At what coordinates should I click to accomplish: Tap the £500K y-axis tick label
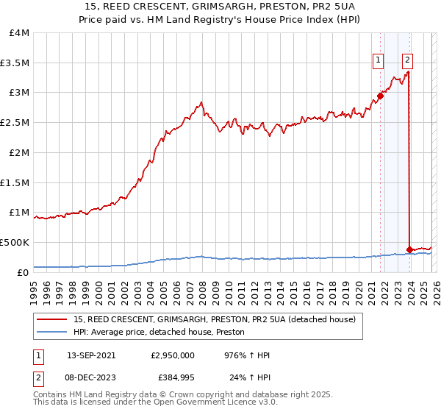(x=15, y=242)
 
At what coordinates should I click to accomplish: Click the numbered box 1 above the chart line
(x=379, y=61)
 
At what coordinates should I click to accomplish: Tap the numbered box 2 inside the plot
(x=407, y=61)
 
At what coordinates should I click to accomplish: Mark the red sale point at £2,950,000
(x=380, y=96)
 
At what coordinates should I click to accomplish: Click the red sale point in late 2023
(x=409, y=249)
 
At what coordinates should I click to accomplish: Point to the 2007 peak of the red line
(x=201, y=102)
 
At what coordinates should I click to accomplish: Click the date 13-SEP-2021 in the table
(x=95, y=355)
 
